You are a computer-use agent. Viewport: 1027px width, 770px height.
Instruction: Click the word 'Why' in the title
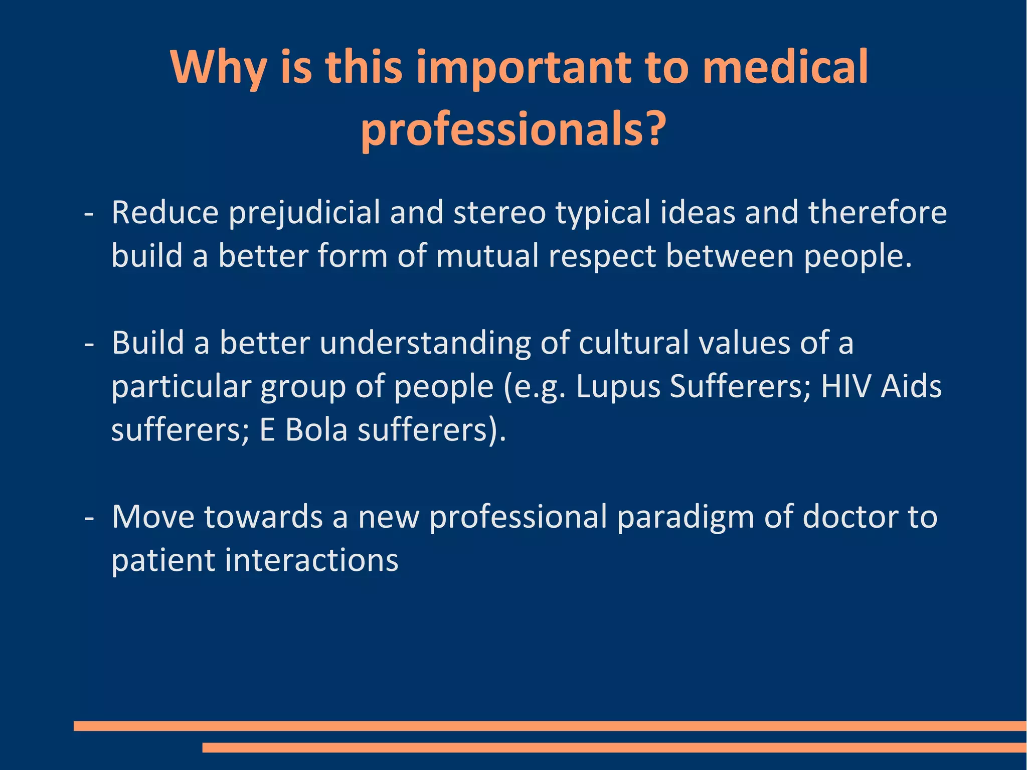(218, 68)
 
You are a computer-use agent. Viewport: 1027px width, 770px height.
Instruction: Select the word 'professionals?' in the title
(513, 129)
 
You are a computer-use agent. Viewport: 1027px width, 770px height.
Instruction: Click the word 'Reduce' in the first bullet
(165, 212)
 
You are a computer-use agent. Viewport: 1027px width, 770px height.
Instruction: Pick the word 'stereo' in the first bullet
(499, 212)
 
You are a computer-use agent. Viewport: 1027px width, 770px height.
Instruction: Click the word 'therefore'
(877, 212)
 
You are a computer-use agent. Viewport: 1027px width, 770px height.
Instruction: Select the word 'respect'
(602, 257)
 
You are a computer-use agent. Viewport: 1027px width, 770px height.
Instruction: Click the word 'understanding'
(425, 344)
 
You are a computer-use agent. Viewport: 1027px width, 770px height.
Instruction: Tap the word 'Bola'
(316, 430)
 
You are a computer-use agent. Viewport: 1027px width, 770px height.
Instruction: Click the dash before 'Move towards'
(89, 518)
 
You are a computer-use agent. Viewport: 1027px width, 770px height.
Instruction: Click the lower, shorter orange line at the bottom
(614, 747)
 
